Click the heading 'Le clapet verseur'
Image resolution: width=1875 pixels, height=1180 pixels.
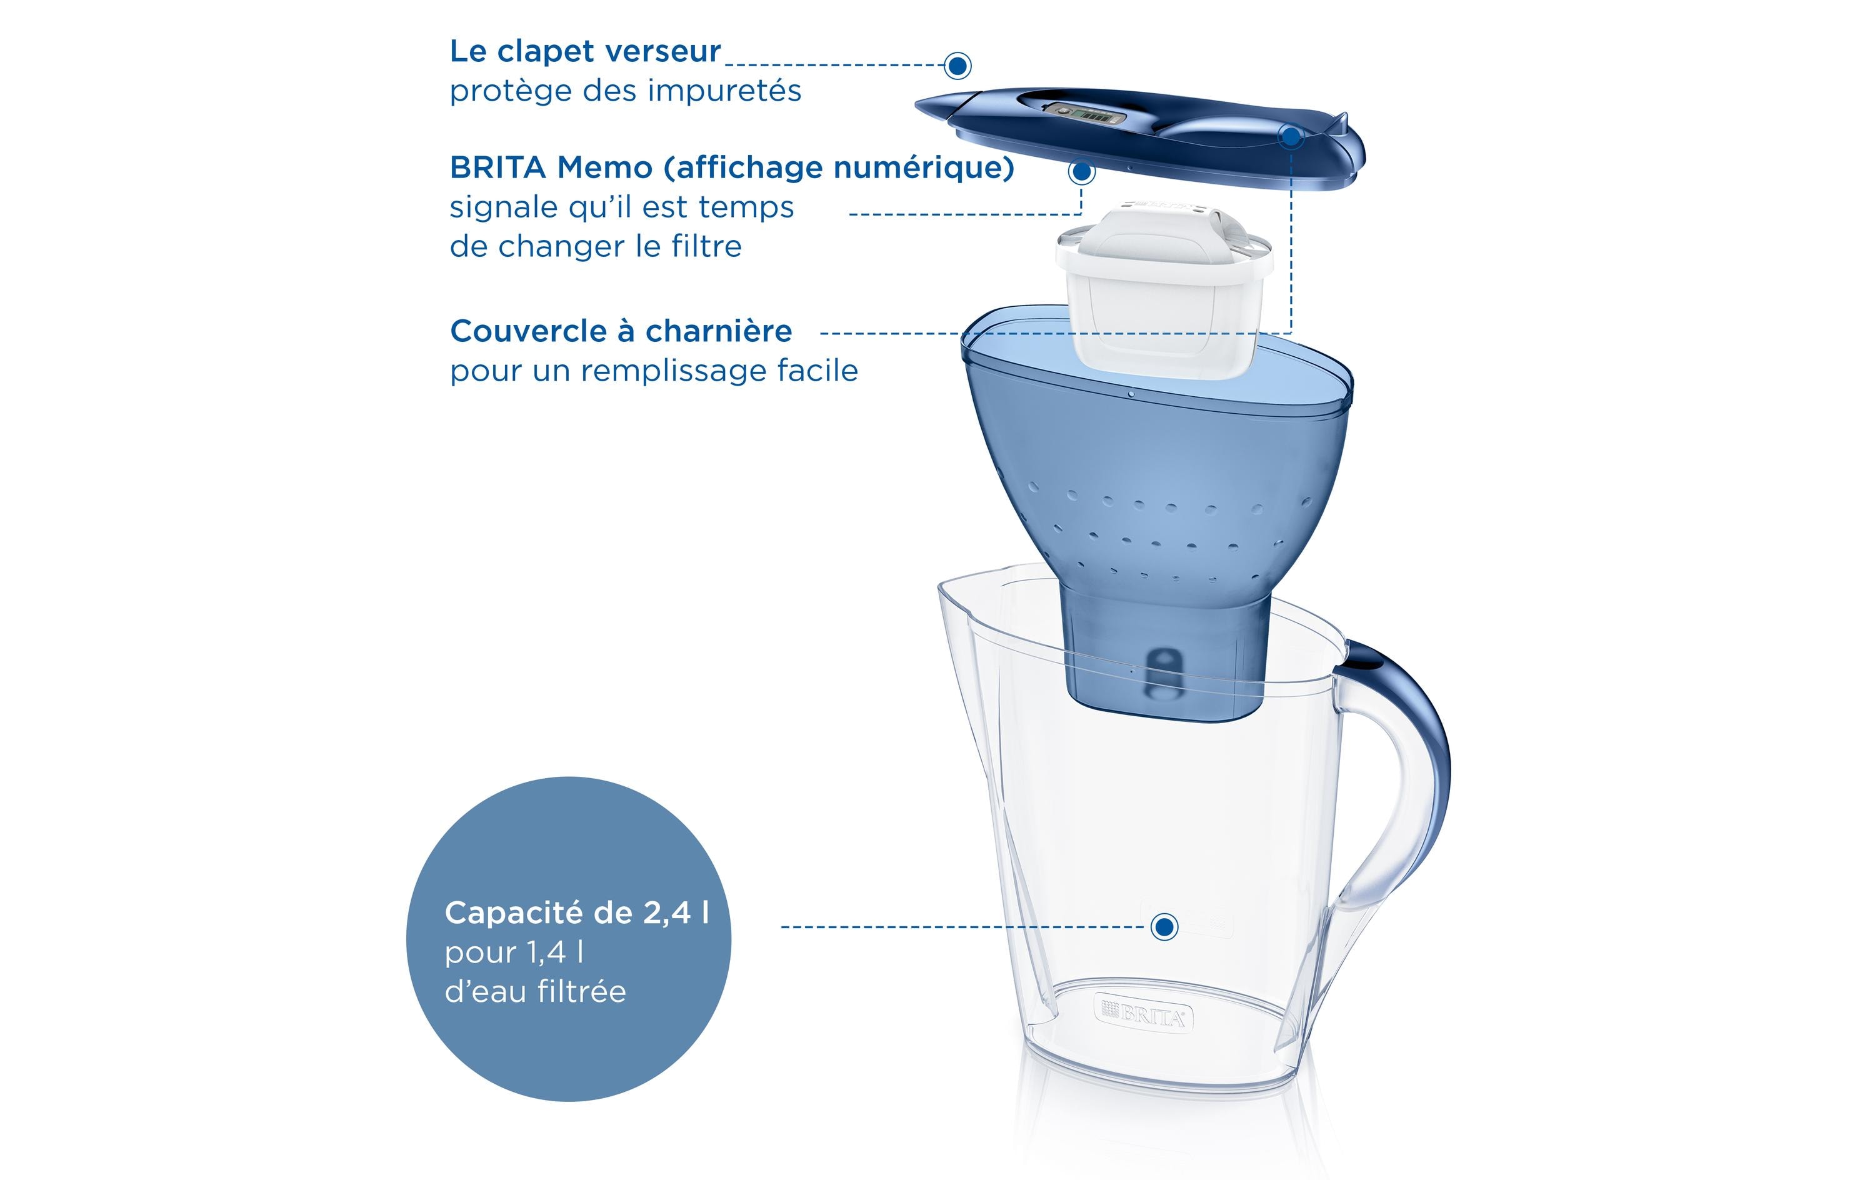[585, 51]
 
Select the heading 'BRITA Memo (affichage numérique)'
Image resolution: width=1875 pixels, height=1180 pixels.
[731, 167]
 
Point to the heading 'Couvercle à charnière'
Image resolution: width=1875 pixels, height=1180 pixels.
[621, 331]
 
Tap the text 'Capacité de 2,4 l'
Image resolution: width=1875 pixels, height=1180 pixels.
[576, 913]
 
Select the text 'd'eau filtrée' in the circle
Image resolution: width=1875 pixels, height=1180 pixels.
[535, 991]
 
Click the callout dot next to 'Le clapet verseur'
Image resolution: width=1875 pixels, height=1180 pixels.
[957, 66]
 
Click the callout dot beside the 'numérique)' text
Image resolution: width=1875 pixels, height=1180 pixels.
[1081, 171]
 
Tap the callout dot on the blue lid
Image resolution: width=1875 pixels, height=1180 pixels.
[1291, 137]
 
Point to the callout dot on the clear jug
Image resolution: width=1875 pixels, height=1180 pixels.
[1164, 927]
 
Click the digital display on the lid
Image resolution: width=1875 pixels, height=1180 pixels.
[1086, 115]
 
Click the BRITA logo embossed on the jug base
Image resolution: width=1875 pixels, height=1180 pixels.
[1143, 1014]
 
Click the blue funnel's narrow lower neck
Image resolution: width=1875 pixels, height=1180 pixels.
[1165, 662]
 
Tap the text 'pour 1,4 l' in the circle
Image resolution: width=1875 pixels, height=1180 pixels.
[514, 952]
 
